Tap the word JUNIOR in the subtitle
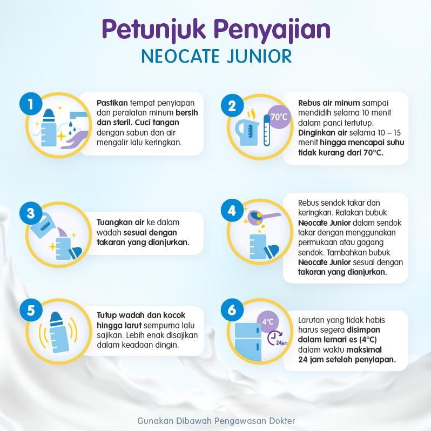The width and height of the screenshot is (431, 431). click(259, 56)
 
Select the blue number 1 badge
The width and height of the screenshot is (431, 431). click(31, 104)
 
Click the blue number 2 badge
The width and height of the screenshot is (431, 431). click(232, 105)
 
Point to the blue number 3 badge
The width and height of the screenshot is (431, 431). click(31, 213)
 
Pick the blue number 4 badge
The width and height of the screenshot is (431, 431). click(232, 210)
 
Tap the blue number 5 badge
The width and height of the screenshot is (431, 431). click(31, 310)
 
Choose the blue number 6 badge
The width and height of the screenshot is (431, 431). click(232, 310)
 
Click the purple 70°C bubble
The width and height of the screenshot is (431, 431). click(279, 117)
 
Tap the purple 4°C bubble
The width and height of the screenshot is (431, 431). click(268, 321)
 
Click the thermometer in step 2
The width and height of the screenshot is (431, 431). click(266, 130)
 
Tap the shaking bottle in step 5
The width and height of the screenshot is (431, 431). click(58, 333)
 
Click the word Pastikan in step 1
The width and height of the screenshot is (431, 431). click(112, 103)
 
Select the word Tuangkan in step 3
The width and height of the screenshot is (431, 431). click(120, 223)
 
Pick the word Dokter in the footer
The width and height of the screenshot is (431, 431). click(282, 421)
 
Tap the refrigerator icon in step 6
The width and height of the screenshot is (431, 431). click(248, 342)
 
